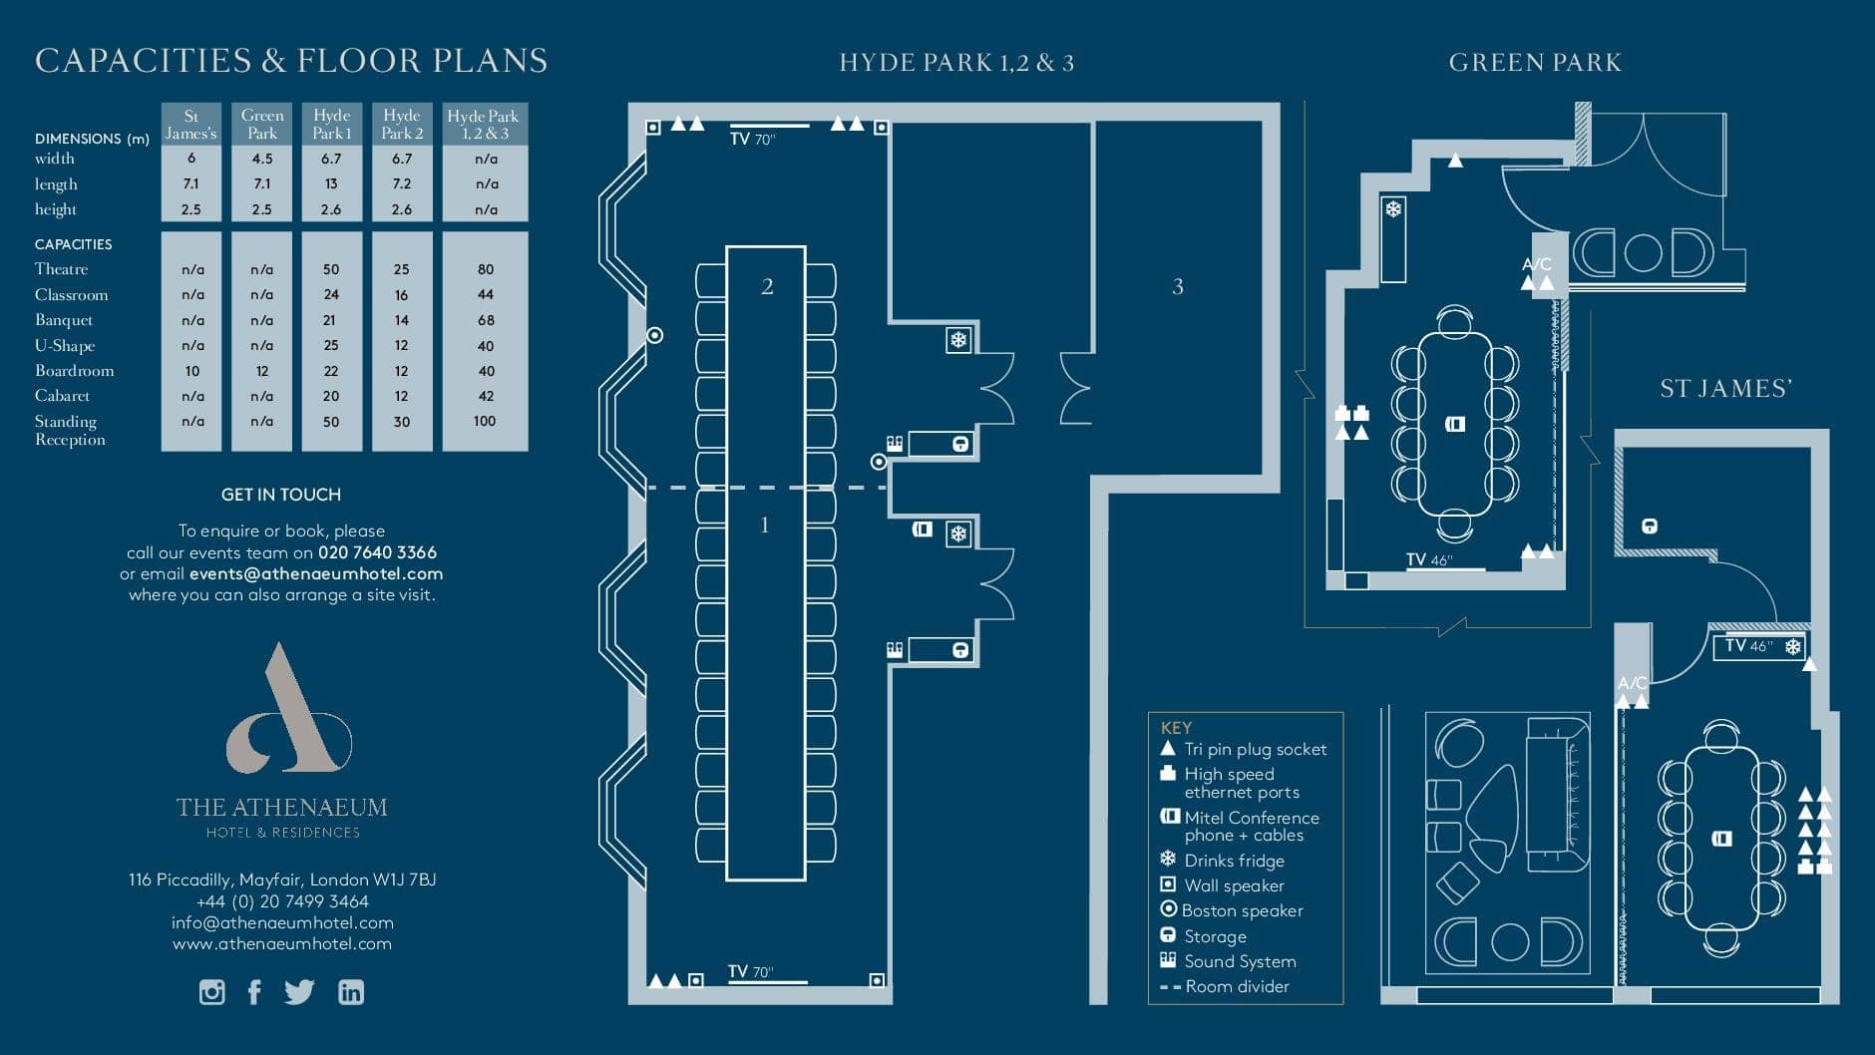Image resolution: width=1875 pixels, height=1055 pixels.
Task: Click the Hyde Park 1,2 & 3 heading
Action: [955, 63]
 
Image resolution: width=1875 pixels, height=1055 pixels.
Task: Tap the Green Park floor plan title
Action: [1534, 63]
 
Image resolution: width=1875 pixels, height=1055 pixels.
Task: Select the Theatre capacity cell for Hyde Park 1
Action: [331, 269]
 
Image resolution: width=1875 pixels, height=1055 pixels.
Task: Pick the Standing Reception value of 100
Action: [485, 421]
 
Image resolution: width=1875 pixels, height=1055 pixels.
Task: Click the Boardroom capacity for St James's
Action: [191, 371]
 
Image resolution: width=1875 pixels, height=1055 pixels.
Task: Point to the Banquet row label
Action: [64, 320]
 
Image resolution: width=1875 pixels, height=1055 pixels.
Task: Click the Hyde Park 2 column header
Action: [402, 124]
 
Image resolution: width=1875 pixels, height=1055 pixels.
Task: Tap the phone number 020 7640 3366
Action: [377, 552]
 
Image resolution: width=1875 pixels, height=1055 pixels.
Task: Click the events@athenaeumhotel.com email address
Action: [316, 573]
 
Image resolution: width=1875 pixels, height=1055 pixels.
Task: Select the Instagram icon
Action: [211, 992]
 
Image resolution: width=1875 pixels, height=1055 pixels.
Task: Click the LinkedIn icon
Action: [351, 992]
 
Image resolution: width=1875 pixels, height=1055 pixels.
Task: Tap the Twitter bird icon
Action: [299, 992]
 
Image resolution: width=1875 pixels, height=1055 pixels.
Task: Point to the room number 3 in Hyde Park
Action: [1178, 287]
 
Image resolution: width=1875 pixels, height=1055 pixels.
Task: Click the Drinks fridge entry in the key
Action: [1234, 861]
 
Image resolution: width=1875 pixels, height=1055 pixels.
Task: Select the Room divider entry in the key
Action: [1237, 986]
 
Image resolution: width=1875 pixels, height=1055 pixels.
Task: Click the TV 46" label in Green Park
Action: [1428, 560]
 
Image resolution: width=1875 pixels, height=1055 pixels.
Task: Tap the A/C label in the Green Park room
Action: [1537, 264]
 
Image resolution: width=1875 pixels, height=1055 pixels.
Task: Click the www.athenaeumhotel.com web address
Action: [282, 943]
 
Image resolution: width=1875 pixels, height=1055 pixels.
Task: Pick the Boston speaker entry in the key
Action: [1242, 910]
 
